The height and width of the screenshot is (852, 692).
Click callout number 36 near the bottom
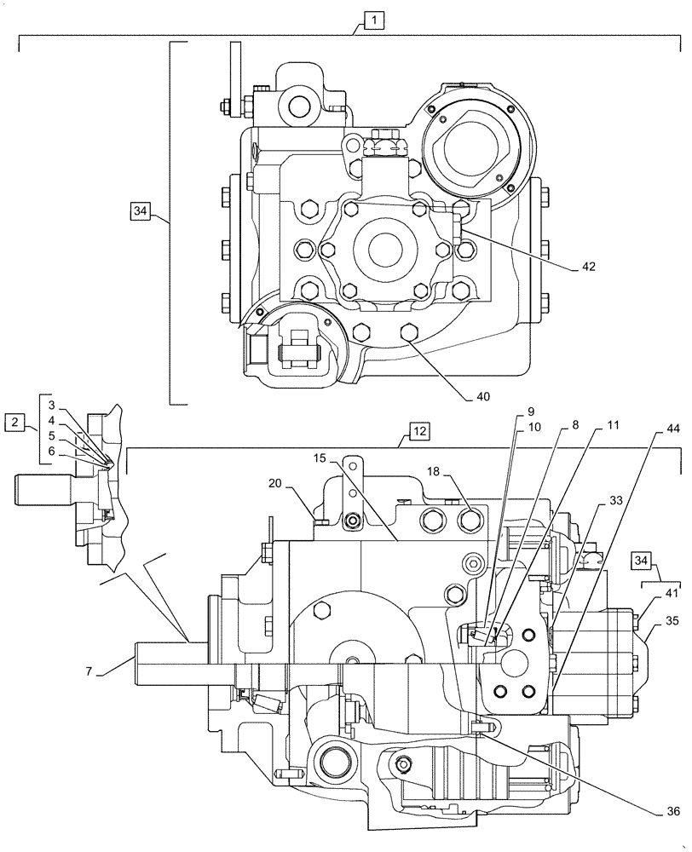point(672,813)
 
